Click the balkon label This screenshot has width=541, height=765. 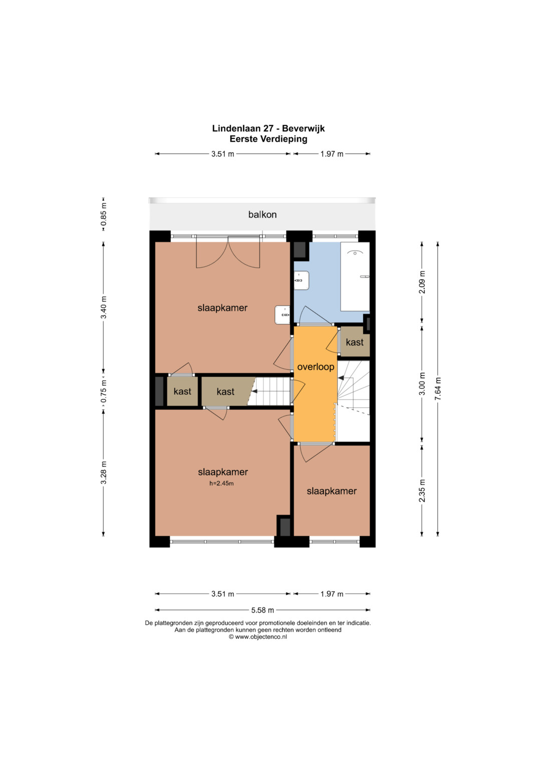pyautogui.click(x=262, y=214)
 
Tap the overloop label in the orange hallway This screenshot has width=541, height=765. pyautogui.click(x=316, y=367)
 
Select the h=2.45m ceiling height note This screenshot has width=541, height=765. pyautogui.click(x=221, y=483)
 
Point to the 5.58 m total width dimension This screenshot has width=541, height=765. pyautogui.click(x=262, y=610)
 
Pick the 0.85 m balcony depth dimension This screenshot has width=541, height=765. pyautogui.click(x=104, y=214)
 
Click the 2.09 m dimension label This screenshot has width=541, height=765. pyautogui.click(x=422, y=282)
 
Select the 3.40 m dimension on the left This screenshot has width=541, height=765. pyautogui.click(x=104, y=308)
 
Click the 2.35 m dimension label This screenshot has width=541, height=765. pyautogui.click(x=422, y=490)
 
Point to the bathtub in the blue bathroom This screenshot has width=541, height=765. pyautogui.click(x=355, y=277)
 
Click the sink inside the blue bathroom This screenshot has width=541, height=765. pyautogui.click(x=301, y=281)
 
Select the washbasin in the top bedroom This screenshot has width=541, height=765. pyautogui.click(x=283, y=315)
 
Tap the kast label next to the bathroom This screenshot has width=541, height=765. pyautogui.click(x=355, y=342)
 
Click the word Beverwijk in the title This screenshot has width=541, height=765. pyautogui.click(x=303, y=128)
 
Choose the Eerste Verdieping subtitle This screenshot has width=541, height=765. pyautogui.click(x=268, y=139)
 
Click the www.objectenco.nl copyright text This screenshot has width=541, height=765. pyautogui.click(x=257, y=637)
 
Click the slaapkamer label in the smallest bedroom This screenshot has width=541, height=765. pyautogui.click(x=331, y=491)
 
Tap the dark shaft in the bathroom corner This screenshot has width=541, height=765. pyautogui.click(x=300, y=249)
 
